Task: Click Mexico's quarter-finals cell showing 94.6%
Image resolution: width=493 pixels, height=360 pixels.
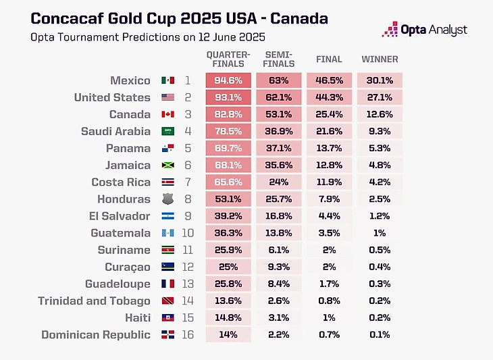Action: [228, 80]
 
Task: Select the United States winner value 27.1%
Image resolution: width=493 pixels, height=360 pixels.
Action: [380, 97]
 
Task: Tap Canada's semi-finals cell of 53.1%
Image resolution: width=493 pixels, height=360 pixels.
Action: [279, 114]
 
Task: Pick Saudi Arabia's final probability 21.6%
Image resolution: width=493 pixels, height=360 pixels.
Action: [330, 131]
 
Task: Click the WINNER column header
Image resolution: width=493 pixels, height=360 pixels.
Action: [380, 59]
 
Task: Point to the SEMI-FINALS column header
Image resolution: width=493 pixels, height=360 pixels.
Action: [279, 59]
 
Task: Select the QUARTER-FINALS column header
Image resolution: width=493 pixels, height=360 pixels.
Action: [228, 59]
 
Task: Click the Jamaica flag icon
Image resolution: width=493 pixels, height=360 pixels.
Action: [168, 165]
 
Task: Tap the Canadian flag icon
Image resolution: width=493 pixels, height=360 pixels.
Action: [168, 115]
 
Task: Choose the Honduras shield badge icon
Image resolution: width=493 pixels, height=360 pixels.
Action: [168, 199]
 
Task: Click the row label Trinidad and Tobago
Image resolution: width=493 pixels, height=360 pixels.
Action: [94, 301]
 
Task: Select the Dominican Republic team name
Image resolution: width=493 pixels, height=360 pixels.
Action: [96, 334]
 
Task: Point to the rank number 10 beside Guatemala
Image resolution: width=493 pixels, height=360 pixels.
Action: [188, 233]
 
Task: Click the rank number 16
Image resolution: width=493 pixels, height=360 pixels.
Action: [188, 334]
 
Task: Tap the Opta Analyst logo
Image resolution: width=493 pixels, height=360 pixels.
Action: [425, 30]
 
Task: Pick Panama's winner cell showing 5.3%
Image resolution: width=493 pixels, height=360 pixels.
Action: [380, 148]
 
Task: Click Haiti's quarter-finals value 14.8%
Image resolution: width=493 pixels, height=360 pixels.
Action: [228, 317]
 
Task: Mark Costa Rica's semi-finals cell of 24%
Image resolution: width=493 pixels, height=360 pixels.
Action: [279, 182]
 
